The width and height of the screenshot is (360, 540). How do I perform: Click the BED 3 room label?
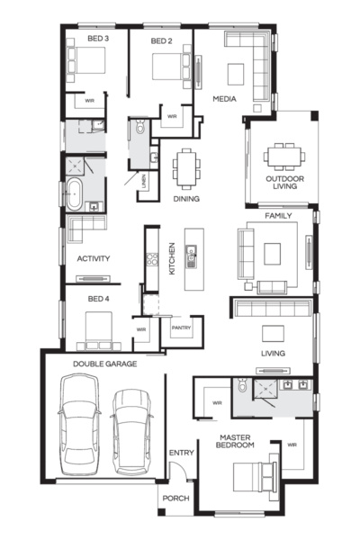[x=98, y=40]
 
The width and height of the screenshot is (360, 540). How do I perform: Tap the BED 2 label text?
[x=161, y=40]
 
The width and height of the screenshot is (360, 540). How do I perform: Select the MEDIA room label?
[x=224, y=98]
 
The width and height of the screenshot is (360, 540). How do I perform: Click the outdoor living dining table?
[x=283, y=157]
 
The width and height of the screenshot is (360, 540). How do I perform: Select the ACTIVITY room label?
[x=93, y=259]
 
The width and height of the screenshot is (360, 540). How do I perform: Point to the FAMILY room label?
[x=279, y=217]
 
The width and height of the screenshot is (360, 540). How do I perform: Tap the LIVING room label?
[x=274, y=354]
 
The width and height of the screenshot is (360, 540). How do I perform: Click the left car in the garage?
[x=78, y=422]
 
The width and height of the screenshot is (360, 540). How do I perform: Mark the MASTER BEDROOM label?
[x=238, y=443]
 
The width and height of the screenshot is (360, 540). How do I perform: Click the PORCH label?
[x=175, y=498]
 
